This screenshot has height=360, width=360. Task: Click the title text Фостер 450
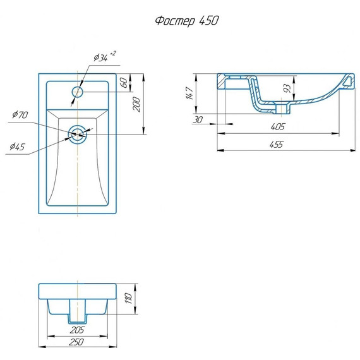click(187, 20)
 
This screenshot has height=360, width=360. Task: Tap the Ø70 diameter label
click(20, 115)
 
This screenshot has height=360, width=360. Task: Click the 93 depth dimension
click(287, 89)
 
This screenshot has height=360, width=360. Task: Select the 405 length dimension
click(277, 127)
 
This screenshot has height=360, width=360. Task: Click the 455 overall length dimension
click(277, 145)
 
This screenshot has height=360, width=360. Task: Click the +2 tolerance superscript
click(112, 53)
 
